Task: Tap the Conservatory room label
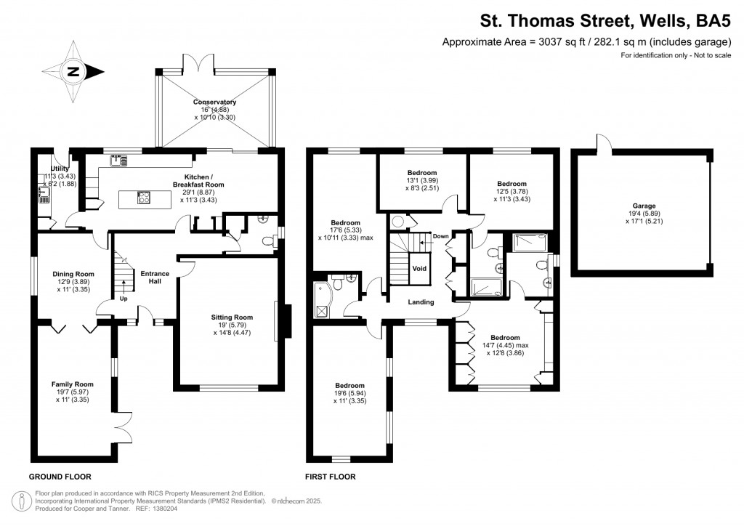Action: pyautogui.click(x=215, y=102)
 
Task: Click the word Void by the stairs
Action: pyautogui.click(x=420, y=268)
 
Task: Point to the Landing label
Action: pyautogui.click(x=421, y=302)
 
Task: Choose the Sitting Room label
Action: pyautogui.click(x=232, y=317)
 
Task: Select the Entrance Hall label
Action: pyautogui.click(x=155, y=278)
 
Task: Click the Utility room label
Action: pyautogui.click(x=60, y=169)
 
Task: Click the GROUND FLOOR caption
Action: pyautogui.click(x=60, y=477)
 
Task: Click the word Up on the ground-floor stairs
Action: pyautogui.click(x=124, y=299)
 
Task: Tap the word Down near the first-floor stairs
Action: pyautogui.click(x=440, y=236)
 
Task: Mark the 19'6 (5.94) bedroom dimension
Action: pyautogui.click(x=349, y=393)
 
